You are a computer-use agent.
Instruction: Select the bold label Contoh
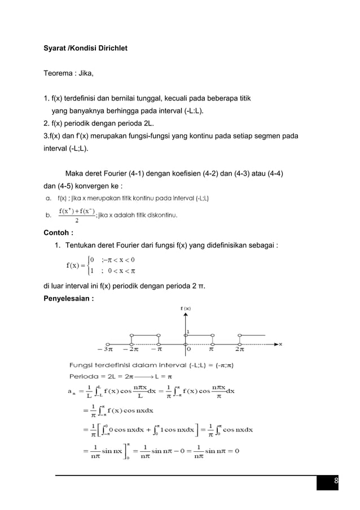pyautogui.click(x=57, y=232)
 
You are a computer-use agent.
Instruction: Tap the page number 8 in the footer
pyautogui.click(x=336, y=481)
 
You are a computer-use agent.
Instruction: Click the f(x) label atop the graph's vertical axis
pyautogui.click(x=186, y=308)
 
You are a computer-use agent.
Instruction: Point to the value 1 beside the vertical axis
pyautogui.click(x=188, y=332)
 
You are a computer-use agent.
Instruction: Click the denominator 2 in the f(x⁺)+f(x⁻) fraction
pyautogui.click(x=76, y=221)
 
